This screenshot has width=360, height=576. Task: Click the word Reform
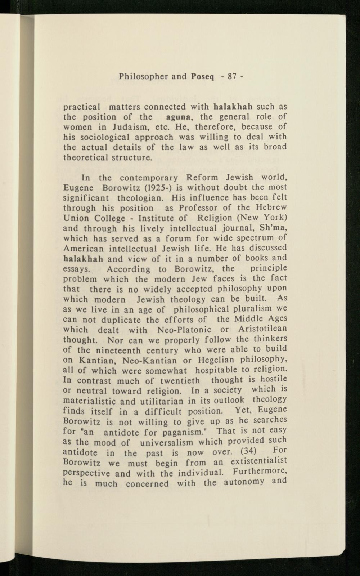click(203, 178)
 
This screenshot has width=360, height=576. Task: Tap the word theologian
click(141, 198)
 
